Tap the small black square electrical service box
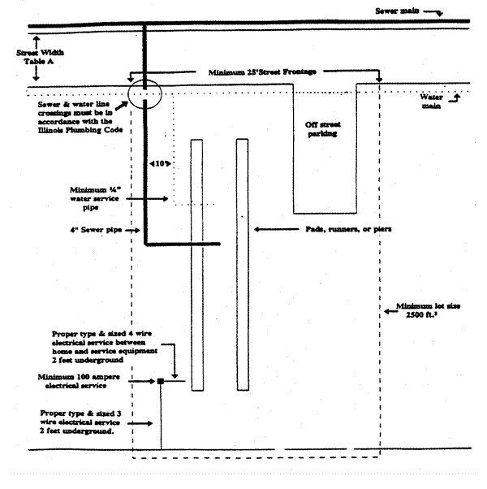[161, 381]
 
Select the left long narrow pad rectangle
[196, 265]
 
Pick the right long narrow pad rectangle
[242, 265]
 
